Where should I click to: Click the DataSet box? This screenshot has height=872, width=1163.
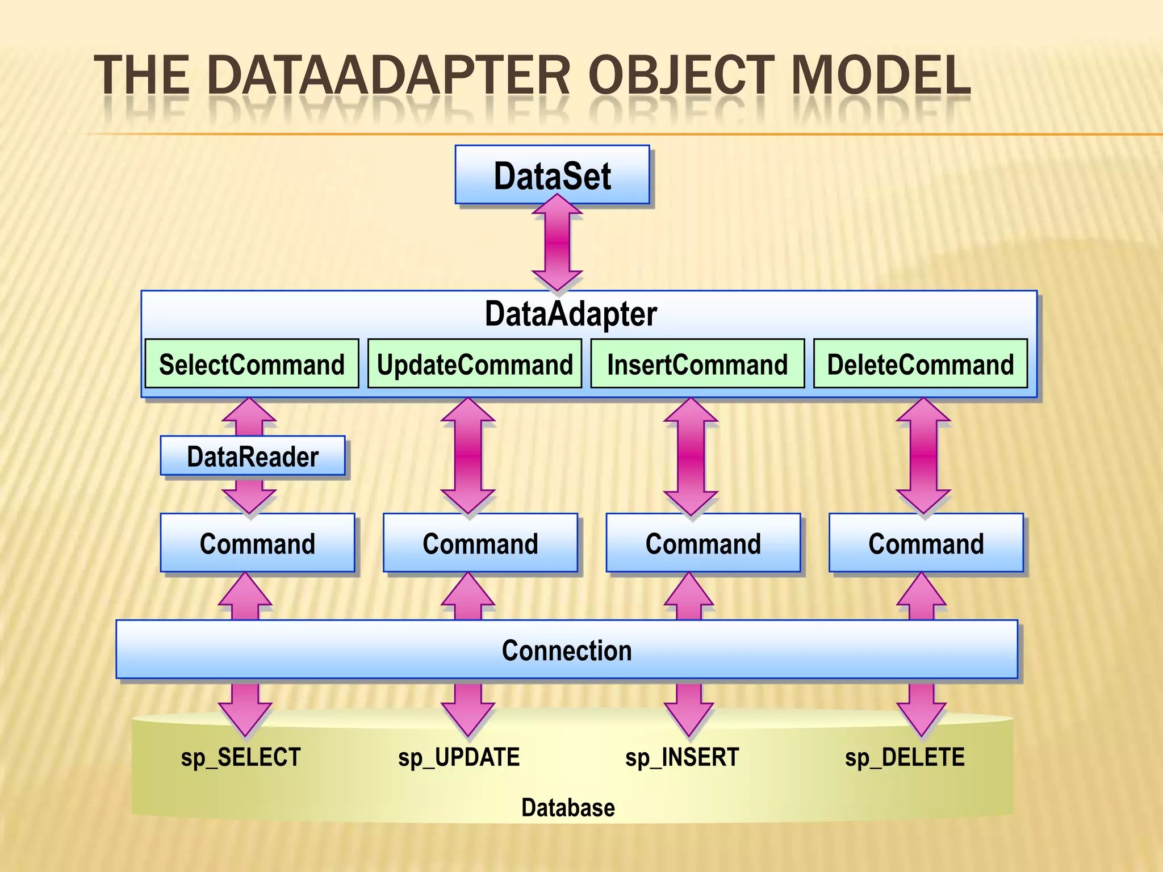pyautogui.click(x=552, y=175)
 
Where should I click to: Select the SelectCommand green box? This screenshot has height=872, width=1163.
pyautogui.click(x=252, y=364)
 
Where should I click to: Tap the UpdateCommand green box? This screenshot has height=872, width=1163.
pyautogui.click(x=475, y=364)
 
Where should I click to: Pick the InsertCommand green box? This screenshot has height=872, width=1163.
pyautogui.click(x=697, y=364)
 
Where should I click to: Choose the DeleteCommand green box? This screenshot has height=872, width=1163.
pyautogui.click(x=920, y=364)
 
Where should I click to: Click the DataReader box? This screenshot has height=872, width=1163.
pyautogui.click(x=253, y=456)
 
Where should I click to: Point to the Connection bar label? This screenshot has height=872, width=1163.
pyautogui.click(x=567, y=650)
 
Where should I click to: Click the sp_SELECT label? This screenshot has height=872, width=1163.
pyautogui.click(x=241, y=757)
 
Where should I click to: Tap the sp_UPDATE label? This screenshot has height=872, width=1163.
pyautogui.click(x=459, y=757)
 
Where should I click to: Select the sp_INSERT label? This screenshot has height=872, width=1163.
pyautogui.click(x=682, y=757)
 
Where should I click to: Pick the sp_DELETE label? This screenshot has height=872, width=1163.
pyautogui.click(x=905, y=757)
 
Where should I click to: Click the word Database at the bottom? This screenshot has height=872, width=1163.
pyautogui.click(x=568, y=807)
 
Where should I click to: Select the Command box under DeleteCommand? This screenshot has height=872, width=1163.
pyautogui.click(x=926, y=543)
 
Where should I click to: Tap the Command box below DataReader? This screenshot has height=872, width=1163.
pyautogui.click(x=257, y=543)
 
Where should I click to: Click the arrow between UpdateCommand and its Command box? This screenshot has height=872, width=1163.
pyautogui.click(x=468, y=456)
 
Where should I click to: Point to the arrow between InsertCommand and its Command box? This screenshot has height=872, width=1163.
pyautogui.click(x=691, y=456)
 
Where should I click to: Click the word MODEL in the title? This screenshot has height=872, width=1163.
pyautogui.click(x=880, y=75)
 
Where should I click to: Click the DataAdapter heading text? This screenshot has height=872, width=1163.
pyautogui.click(x=571, y=313)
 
